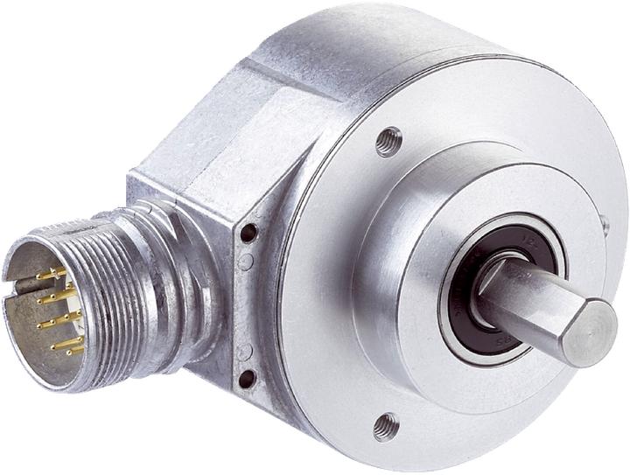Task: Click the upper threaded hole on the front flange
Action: click(388, 141)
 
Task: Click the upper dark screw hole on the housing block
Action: click(249, 233)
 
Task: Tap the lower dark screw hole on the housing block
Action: click(247, 378)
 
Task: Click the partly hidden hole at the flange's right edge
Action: click(605, 226)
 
